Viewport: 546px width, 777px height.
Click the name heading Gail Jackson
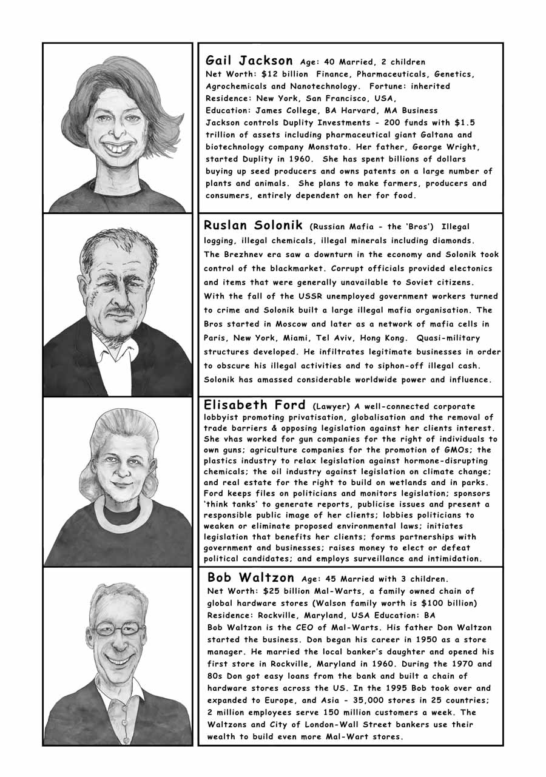[249, 61]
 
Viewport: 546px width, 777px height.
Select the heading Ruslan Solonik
[254, 226]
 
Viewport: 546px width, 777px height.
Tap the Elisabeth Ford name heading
[254, 405]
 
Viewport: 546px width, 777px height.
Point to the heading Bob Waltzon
[251, 577]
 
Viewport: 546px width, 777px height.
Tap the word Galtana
[440, 135]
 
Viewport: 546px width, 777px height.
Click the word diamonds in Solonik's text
[451, 240]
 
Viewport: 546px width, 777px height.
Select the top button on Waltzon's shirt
[126, 705]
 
